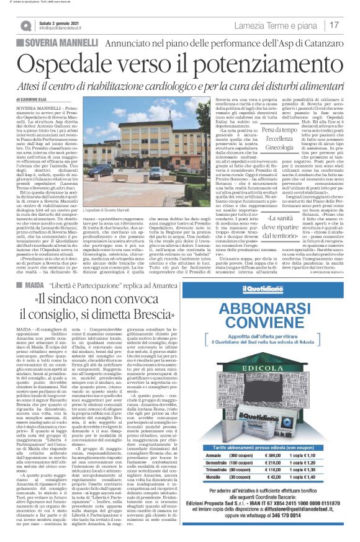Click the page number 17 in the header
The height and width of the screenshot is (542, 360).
(x=334, y=25)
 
